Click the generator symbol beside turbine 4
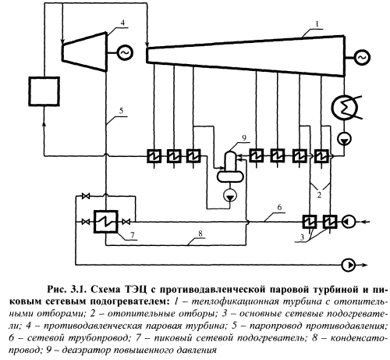pyautogui.click(x=126, y=53)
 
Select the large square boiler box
pyautogui.click(x=44, y=91)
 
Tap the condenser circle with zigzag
pyautogui.click(x=345, y=108)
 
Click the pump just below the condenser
pyautogui.click(x=344, y=139)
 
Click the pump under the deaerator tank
pyautogui.click(x=230, y=195)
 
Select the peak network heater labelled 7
pyautogui.click(x=106, y=222)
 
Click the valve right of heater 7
pyautogui.click(x=126, y=222)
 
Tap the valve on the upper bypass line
pyautogui.click(x=86, y=196)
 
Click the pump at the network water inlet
pyautogui.click(x=349, y=222)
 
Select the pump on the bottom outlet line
pyautogui.click(x=349, y=266)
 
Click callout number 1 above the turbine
pyautogui.click(x=317, y=24)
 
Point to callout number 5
pyautogui.click(x=121, y=111)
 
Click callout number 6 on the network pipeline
pyautogui.click(x=279, y=208)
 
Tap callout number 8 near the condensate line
pyautogui.click(x=200, y=233)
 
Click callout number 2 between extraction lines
pyautogui.click(x=319, y=194)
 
